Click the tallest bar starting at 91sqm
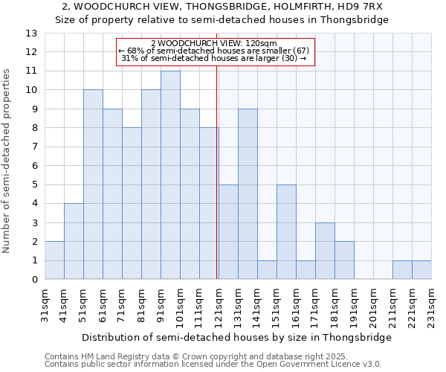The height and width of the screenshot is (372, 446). tap(170, 175)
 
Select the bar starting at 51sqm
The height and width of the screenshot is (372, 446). tap(93, 185)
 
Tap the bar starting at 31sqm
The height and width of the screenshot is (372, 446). tap(54, 260)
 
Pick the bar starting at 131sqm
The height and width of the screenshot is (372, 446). tap(248, 194)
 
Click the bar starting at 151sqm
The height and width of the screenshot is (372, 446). tap(286, 232)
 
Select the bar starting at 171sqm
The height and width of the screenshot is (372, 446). tap(325, 251)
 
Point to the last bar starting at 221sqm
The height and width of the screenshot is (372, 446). tap(421, 270)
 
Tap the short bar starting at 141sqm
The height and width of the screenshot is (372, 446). tap(267, 270)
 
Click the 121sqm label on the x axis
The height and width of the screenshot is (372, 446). tap(219, 306)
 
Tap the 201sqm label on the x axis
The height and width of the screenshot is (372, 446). tap(373, 306)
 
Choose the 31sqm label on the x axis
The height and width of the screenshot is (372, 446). tap(45, 306)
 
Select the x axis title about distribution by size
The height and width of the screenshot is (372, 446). tap(236, 337)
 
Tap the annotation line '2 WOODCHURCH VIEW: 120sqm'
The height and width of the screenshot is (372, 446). tap(214, 43)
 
